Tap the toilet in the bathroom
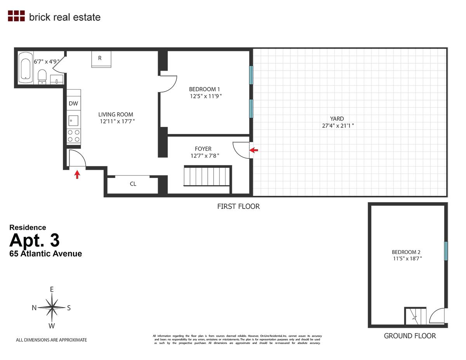(42, 75)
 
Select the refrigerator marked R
(101, 59)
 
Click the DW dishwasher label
(73, 103)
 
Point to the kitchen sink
(73, 120)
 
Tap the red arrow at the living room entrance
(77, 174)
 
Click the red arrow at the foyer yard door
(254, 150)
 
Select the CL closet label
(133, 184)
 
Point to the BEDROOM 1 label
(205, 89)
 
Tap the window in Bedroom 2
(446, 251)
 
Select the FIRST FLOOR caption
(238, 207)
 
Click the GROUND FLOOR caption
(410, 336)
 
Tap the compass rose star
(52, 308)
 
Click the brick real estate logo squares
(16, 16)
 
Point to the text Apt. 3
(35, 240)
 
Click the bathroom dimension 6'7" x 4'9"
(46, 61)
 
